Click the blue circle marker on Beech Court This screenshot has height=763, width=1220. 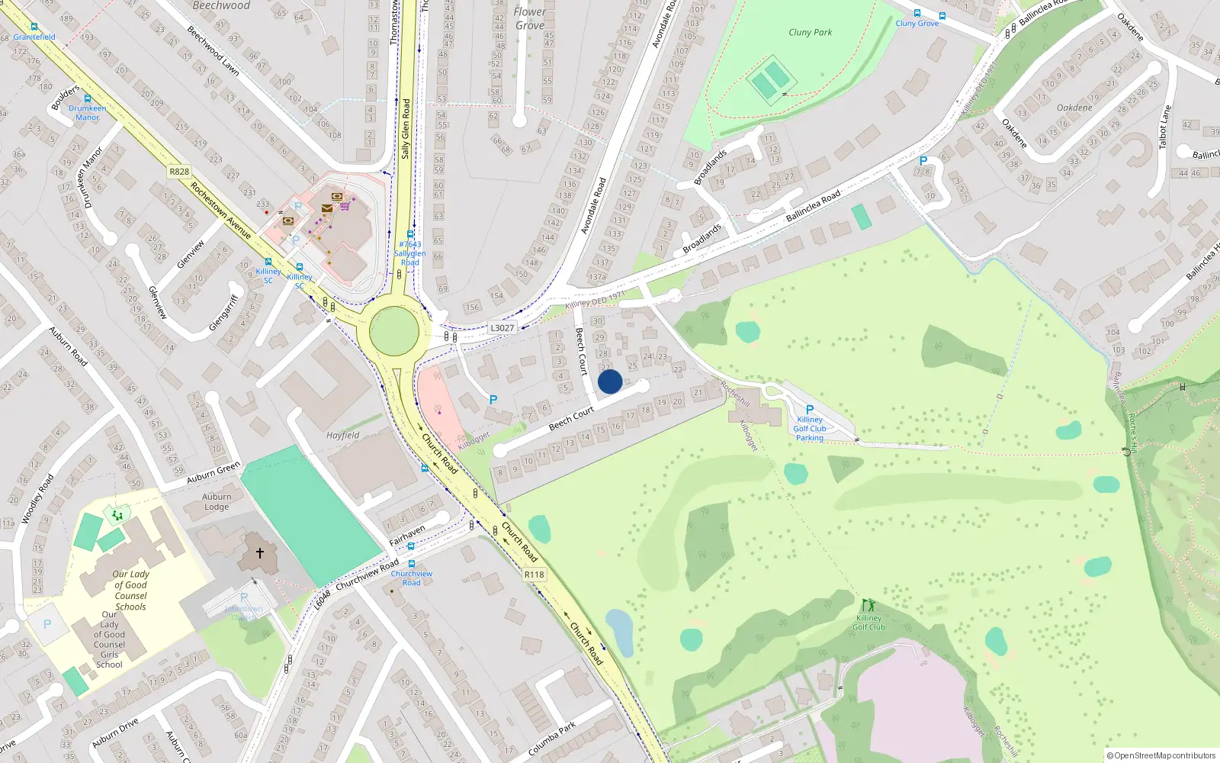(x=610, y=381)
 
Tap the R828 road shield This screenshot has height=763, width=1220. (x=179, y=172)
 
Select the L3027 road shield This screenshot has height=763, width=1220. (x=502, y=328)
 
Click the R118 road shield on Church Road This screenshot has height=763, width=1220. (x=535, y=575)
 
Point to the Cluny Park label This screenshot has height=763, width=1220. (x=810, y=32)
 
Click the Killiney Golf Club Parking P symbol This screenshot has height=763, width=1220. (x=810, y=410)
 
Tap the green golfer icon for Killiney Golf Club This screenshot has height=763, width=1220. (x=868, y=606)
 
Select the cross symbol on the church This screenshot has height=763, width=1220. (x=259, y=552)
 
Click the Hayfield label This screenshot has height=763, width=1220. (x=342, y=436)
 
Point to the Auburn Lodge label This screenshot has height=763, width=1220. (x=217, y=501)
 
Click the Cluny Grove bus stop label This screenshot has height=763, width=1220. (x=917, y=24)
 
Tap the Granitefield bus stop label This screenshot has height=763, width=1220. (x=34, y=37)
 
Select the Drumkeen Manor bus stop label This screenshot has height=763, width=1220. (x=87, y=113)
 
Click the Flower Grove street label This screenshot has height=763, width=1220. (x=530, y=18)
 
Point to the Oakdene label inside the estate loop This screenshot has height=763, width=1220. (x=1074, y=108)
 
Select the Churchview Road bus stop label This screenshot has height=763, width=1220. (x=412, y=578)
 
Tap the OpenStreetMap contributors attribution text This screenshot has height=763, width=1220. (x=1161, y=755)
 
